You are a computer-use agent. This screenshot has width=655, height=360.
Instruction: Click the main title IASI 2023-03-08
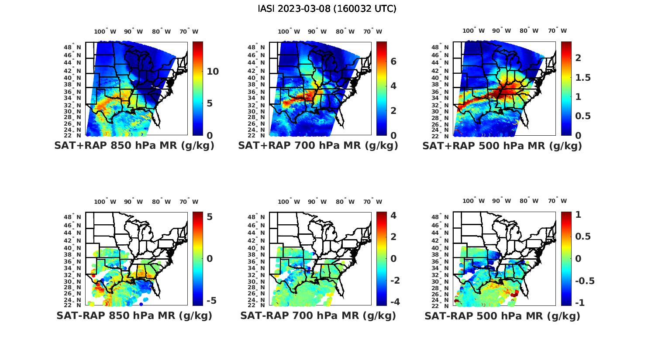(x=327, y=9)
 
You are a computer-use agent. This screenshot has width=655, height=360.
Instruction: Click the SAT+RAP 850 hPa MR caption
(x=134, y=146)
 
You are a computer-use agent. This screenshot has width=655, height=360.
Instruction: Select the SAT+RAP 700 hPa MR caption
(x=318, y=146)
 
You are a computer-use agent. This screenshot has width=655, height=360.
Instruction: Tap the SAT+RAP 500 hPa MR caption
(x=502, y=146)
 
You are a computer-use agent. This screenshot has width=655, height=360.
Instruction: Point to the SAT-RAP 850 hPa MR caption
(x=134, y=315)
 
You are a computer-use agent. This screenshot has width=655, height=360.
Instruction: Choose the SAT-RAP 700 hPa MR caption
(x=318, y=315)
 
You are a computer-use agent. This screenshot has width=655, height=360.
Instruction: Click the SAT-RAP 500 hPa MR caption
(x=502, y=315)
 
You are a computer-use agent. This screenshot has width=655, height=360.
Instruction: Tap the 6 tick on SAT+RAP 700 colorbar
(x=393, y=61)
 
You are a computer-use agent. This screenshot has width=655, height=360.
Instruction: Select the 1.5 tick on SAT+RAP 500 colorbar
(x=583, y=78)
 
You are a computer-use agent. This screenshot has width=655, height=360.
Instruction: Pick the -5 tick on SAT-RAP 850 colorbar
(x=211, y=301)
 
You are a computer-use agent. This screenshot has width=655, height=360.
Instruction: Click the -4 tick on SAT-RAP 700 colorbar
(x=395, y=302)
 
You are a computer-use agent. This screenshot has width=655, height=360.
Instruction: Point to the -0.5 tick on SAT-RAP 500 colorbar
(x=585, y=281)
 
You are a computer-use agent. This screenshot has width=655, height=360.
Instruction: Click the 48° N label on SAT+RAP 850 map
(x=72, y=48)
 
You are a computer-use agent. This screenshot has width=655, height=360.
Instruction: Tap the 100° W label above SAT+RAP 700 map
(x=289, y=31)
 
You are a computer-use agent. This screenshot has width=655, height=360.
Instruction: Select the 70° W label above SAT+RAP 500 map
(x=558, y=31)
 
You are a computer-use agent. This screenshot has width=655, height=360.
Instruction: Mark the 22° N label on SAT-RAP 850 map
(x=72, y=305)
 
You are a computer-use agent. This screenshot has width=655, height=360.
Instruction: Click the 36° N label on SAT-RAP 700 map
(x=256, y=261)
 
